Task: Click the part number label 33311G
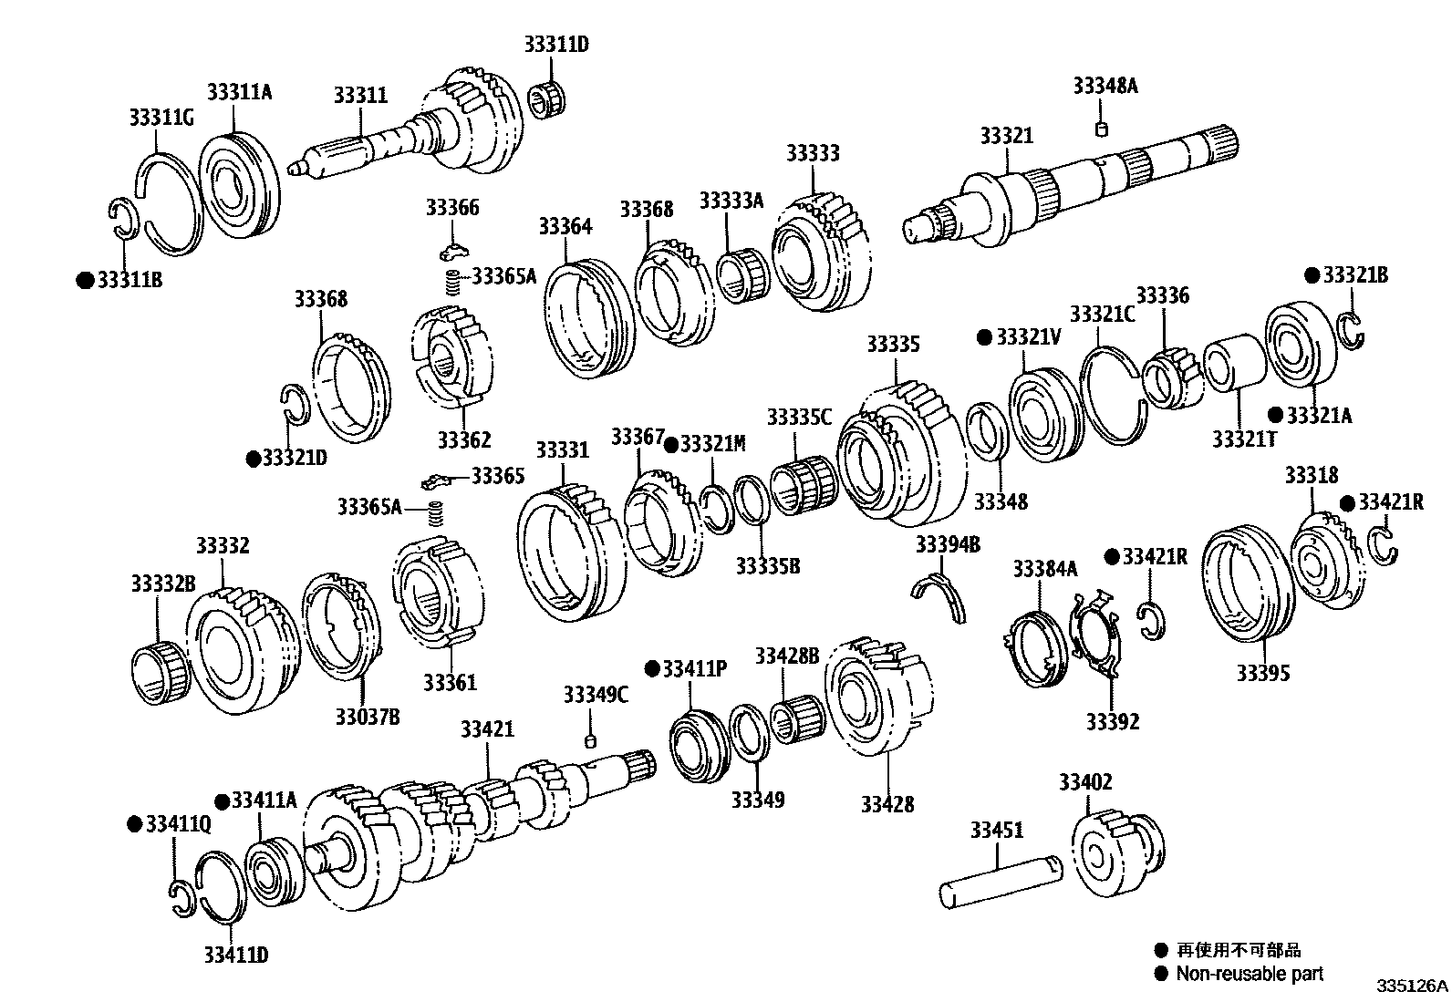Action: click(x=161, y=118)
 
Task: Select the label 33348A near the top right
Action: click(x=1105, y=86)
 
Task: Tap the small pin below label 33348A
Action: click(x=1101, y=129)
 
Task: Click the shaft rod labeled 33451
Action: click(x=1000, y=881)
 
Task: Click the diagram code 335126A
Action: click(x=1412, y=987)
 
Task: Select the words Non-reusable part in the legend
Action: click(x=1249, y=974)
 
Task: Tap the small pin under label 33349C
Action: click(x=590, y=739)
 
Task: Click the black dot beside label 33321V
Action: click(x=983, y=337)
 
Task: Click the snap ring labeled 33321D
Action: click(x=294, y=406)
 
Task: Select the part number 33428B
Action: click(x=786, y=656)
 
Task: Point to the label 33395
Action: click(x=1263, y=673)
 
